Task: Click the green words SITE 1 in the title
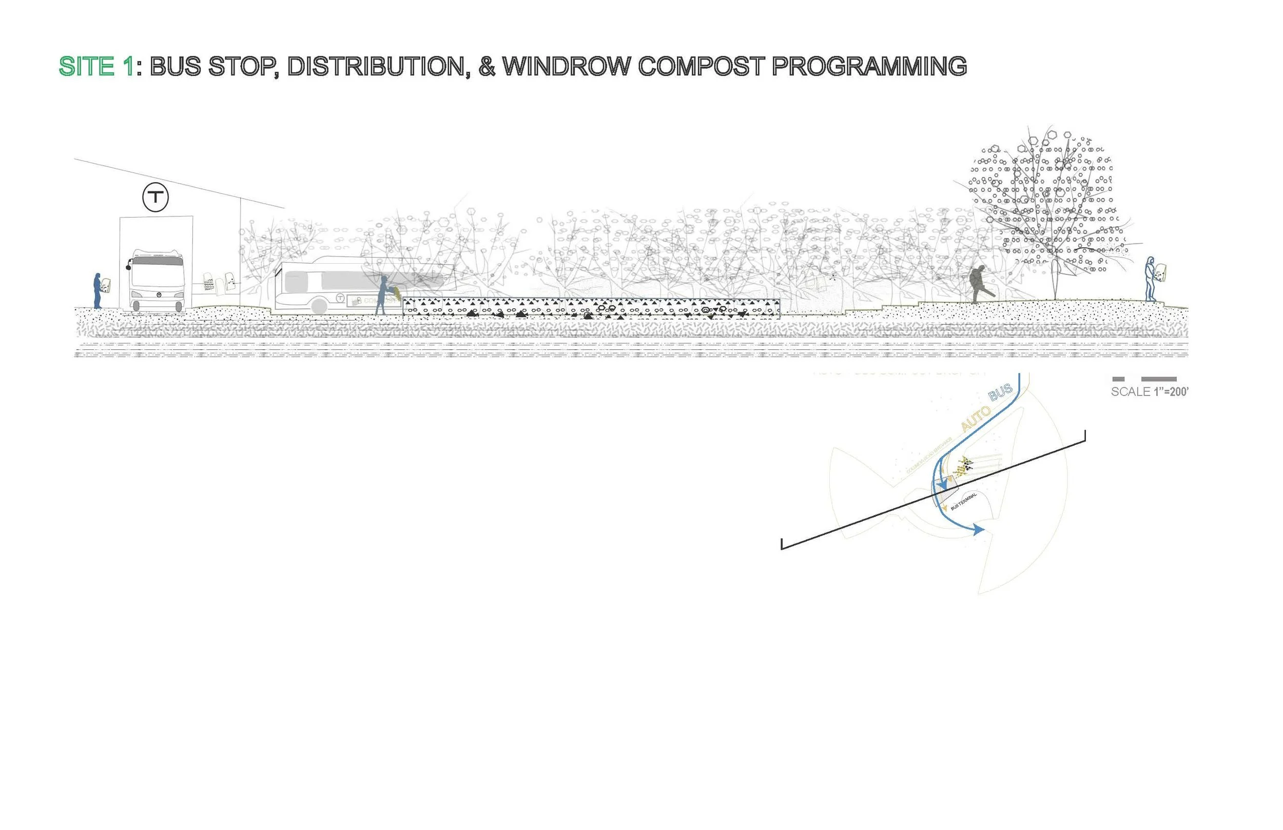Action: click(95, 67)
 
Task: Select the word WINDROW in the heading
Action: click(566, 67)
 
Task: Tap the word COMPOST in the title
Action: click(701, 67)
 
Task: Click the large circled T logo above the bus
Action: click(155, 197)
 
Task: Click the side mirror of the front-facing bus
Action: click(129, 266)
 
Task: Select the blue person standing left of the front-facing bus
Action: click(98, 291)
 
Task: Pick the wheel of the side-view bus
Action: click(319, 306)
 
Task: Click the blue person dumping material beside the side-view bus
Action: click(382, 294)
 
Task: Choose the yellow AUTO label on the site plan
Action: click(975, 418)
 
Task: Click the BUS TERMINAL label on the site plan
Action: click(963, 502)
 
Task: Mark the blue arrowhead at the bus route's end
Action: click(979, 530)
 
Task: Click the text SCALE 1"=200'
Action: click(1149, 392)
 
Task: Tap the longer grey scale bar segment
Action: click(1158, 379)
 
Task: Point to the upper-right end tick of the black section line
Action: click(1084, 436)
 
